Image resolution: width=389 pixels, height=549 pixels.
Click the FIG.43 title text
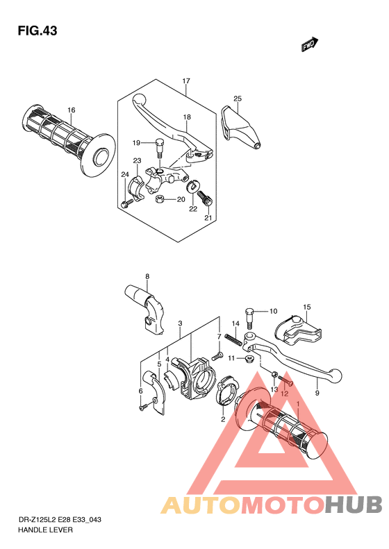[38, 31]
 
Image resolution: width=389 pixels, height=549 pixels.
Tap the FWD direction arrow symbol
[309, 44]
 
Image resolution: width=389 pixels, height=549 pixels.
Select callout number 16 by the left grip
[72, 110]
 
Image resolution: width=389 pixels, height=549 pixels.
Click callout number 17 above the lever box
[186, 81]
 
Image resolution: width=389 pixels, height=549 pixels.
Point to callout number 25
[238, 99]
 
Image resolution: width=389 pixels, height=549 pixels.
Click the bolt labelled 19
[159, 148]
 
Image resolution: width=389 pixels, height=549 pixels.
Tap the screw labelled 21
[206, 199]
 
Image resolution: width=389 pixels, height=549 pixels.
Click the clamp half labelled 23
[137, 189]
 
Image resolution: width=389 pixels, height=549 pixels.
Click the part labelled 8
[145, 307]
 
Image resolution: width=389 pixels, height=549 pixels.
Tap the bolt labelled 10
[250, 318]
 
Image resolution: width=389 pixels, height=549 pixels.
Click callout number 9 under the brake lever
[317, 394]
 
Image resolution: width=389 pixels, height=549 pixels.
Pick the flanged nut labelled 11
[250, 358]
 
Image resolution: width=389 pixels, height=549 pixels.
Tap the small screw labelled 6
[144, 408]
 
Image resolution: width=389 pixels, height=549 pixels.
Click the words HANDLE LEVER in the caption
[46, 530]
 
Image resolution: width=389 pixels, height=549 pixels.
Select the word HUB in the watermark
[353, 505]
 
